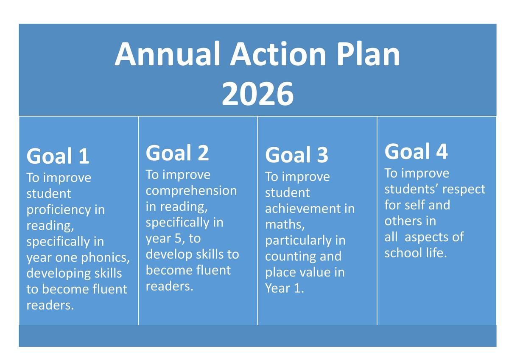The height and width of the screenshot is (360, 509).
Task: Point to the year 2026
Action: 258,94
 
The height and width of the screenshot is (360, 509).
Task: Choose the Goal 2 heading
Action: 177,153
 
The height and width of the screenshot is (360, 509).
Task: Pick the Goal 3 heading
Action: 296,155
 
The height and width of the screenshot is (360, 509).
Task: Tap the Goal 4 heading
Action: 416,151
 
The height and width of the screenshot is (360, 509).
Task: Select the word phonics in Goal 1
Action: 106,257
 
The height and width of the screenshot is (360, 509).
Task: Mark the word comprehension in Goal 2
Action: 191,191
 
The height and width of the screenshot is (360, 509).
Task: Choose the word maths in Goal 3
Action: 285,225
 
